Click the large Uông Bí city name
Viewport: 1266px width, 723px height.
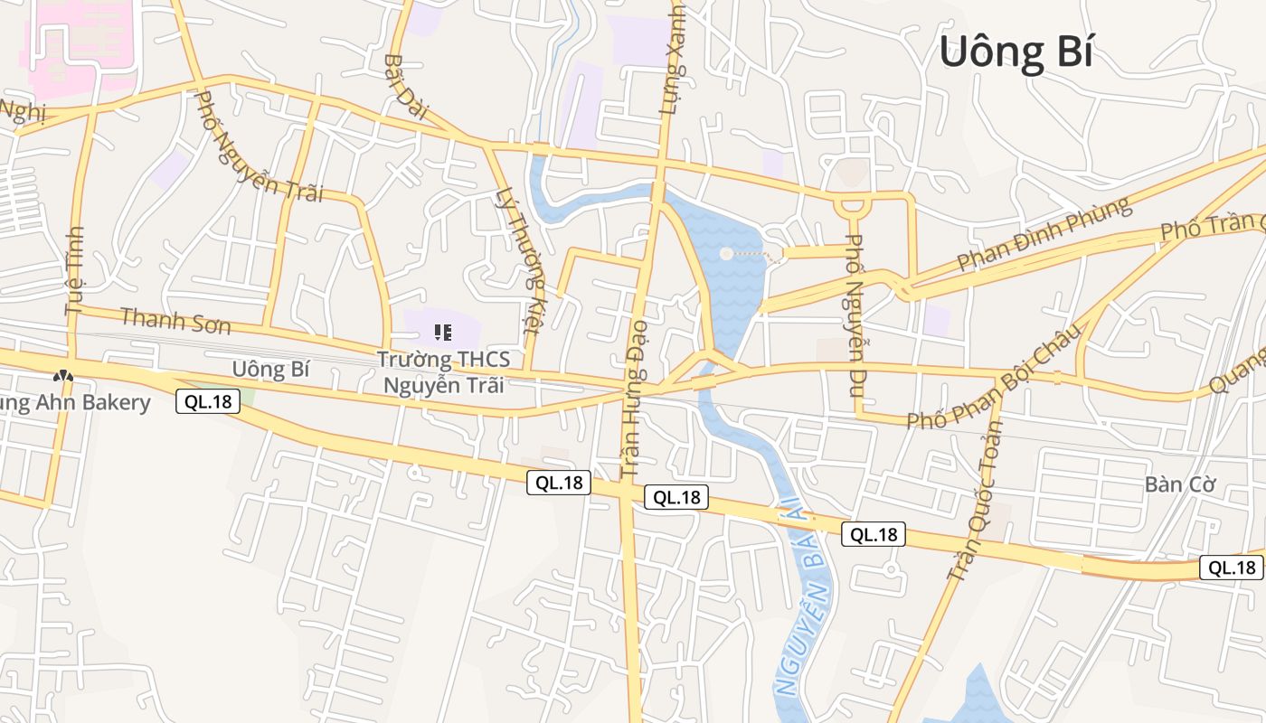(x=1016, y=52)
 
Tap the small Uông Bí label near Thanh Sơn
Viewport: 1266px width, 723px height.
(x=271, y=369)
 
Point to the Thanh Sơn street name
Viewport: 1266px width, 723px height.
(x=175, y=320)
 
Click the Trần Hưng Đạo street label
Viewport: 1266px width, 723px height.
(x=635, y=398)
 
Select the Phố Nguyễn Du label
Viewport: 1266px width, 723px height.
(x=855, y=315)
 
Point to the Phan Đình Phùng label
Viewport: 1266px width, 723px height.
(x=1044, y=234)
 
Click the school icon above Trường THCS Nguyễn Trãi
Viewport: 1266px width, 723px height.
(x=443, y=333)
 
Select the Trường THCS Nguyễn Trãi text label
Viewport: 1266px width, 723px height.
(x=443, y=371)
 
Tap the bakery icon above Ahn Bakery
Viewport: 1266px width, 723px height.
(x=62, y=375)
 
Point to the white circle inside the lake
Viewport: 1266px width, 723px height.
(x=726, y=254)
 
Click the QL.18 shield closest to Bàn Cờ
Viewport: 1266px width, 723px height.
(x=1231, y=567)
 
